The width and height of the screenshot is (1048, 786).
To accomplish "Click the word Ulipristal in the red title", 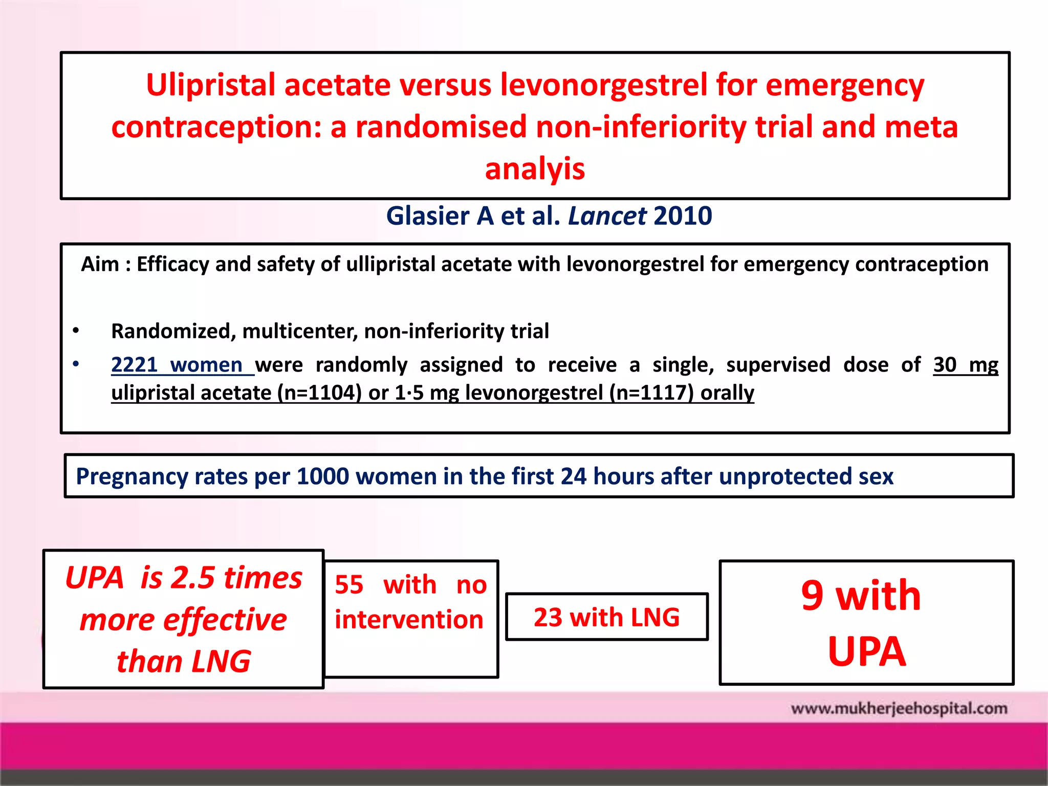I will tap(211, 85).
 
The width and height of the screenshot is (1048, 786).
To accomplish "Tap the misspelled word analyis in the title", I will tap(535, 169).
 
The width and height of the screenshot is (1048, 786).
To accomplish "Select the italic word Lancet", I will tap(607, 216).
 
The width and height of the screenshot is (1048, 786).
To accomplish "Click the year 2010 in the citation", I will tap(683, 216).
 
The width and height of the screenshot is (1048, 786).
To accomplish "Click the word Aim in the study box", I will tap(100, 265).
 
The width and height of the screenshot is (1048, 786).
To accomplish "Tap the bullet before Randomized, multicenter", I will tap(76, 331).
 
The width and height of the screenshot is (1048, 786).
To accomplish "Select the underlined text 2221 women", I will tap(177, 365).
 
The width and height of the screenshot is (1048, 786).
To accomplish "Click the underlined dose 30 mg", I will tap(965, 365).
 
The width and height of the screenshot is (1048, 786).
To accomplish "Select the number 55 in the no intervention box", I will tap(349, 585).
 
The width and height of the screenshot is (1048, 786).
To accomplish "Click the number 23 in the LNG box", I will tap(548, 618).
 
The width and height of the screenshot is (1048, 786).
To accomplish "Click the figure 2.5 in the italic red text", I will tap(192, 578).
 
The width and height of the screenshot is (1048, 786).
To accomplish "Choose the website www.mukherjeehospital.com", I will tap(899, 709).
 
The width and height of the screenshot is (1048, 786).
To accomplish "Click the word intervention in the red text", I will tap(409, 620).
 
